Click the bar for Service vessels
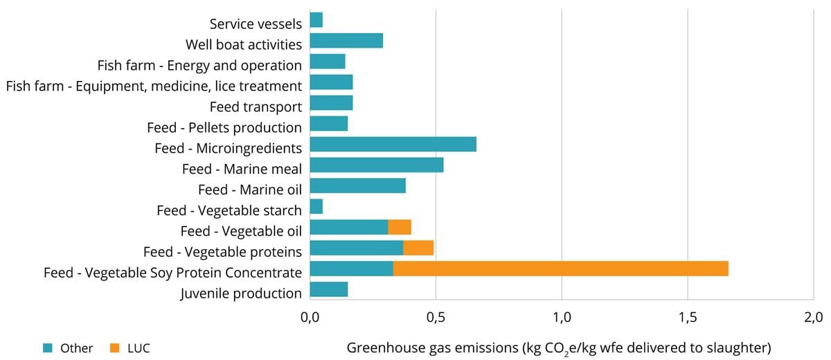(316, 20)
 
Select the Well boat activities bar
(346, 41)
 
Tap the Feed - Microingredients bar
(393, 145)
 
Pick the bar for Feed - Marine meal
(377, 165)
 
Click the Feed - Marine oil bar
(357, 186)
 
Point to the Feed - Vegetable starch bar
(316, 207)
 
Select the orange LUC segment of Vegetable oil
(400, 228)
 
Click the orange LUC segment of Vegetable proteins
(418, 248)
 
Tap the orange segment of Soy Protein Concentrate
(561, 269)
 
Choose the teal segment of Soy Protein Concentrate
(352, 269)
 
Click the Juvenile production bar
(329, 289)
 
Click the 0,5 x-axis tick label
(436, 318)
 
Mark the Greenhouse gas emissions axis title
(558, 348)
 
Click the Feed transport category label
(256, 107)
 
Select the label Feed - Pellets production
(224, 127)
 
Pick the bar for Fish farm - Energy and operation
(328, 62)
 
